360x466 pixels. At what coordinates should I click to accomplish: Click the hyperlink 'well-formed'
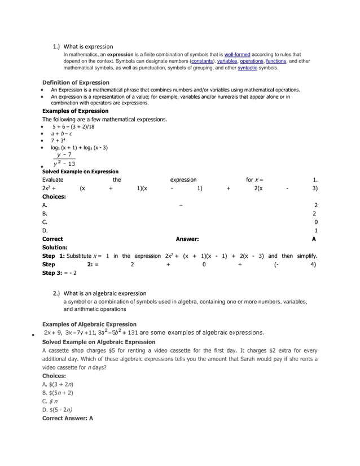click(x=238, y=55)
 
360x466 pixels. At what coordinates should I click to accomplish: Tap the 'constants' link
click(x=202, y=61)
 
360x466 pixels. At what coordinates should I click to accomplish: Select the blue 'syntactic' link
click(x=248, y=68)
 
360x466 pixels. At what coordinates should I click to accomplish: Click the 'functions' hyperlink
click(x=276, y=61)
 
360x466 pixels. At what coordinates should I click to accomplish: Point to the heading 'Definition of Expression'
click(x=76, y=82)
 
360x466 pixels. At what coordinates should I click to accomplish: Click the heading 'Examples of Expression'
click(x=76, y=111)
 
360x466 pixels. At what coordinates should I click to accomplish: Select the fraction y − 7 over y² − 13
click(x=65, y=159)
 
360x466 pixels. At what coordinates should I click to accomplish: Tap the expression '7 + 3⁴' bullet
click(x=59, y=140)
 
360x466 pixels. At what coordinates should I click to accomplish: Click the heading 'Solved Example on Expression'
click(x=81, y=172)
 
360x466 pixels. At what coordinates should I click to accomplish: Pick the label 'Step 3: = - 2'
click(x=60, y=272)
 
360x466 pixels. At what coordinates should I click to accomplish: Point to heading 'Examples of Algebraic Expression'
click(x=89, y=324)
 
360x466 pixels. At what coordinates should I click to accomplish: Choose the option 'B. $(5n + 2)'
click(x=58, y=393)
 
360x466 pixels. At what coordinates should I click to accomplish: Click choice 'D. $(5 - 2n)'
click(x=59, y=410)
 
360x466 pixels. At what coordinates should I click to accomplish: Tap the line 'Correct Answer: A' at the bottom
click(x=68, y=419)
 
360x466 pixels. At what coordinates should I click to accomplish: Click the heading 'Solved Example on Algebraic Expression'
click(x=99, y=342)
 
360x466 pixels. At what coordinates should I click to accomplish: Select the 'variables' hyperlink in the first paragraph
click(x=227, y=61)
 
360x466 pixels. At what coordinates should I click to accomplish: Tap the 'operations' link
click(x=252, y=61)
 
